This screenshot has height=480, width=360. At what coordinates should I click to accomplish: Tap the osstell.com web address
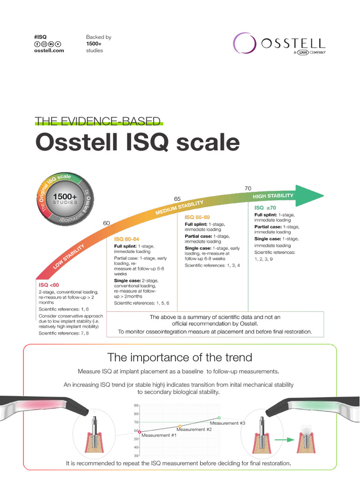click(49, 51)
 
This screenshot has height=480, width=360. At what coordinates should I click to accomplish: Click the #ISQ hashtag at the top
click(40, 37)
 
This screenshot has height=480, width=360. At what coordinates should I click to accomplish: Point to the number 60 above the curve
click(106, 223)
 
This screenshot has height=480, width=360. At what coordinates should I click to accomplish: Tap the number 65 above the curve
click(178, 199)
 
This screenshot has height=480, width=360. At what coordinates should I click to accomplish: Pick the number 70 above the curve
click(248, 188)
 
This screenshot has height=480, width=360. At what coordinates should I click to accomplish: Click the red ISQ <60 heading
click(49, 285)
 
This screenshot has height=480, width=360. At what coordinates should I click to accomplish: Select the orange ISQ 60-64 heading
click(127, 239)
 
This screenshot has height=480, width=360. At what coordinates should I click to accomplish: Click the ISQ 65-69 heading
click(197, 217)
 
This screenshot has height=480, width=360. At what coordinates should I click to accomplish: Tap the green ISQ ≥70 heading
click(265, 208)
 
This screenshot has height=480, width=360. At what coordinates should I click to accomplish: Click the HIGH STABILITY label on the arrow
click(273, 195)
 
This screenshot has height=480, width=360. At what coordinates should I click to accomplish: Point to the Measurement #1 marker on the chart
click(140, 432)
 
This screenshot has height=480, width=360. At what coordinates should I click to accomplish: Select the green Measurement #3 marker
click(219, 418)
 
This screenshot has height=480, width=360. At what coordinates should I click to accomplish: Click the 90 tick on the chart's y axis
click(136, 405)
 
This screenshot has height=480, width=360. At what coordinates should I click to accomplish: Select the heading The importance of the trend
click(180, 358)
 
